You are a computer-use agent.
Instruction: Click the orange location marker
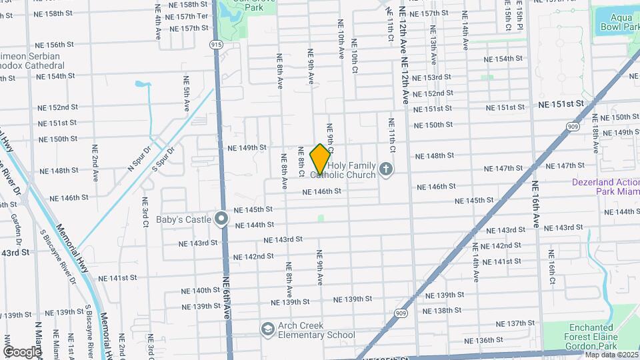[320, 159]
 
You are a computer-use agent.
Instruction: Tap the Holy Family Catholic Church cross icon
[385, 170]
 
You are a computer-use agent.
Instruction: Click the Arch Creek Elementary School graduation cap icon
[267, 329]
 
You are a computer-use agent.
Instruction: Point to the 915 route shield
[215, 43]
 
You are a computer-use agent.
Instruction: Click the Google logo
[22, 351]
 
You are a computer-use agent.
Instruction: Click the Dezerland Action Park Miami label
[605, 186]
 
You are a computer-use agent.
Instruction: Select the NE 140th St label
[201, 291]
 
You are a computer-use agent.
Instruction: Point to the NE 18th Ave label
[595, 128]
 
